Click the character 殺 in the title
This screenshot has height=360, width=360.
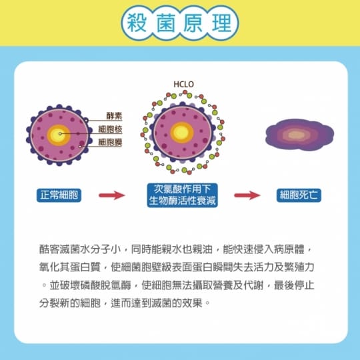pyautogui.click(x=137, y=23)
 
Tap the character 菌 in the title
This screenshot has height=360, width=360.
pyautogui.click(x=166, y=23)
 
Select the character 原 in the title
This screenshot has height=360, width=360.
pyautogui.click(x=193, y=23)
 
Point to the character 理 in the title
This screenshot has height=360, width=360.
pyautogui.click(x=221, y=23)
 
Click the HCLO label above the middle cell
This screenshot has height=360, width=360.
pyautogui.click(x=184, y=85)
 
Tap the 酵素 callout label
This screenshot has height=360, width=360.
pyautogui.click(x=114, y=116)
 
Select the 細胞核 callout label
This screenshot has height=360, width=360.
pyautogui.click(x=110, y=129)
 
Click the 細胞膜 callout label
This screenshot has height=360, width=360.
pyautogui.click(x=110, y=143)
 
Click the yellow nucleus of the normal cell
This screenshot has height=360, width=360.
pyautogui.click(x=59, y=135)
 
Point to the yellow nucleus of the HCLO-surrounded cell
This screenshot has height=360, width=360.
pyautogui.click(x=182, y=133)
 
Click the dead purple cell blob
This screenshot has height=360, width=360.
pyautogui.click(x=299, y=135)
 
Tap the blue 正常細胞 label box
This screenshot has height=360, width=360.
pyautogui.click(x=59, y=195)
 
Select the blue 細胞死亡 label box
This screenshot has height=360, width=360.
pyautogui.click(x=299, y=195)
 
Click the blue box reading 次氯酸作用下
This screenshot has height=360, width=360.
pyautogui.click(x=182, y=195)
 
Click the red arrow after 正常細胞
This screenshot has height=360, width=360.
pyautogui.click(x=112, y=195)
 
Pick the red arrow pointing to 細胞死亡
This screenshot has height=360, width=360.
pyautogui.click(x=247, y=195)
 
